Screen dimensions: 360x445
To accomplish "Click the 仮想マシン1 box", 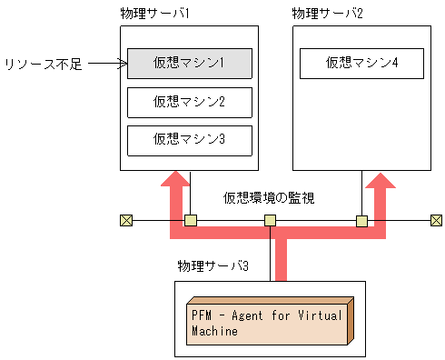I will pyautogui.click(x=189, y=63).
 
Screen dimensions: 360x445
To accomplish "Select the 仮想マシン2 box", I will pyautogui.click(x=189, y=101).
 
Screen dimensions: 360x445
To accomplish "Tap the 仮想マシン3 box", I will pyautogui.click(x=189, y=139).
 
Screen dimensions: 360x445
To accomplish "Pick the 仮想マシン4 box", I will pyautogui.click(x=361, y=63).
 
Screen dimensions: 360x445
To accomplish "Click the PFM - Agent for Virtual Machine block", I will pyautogui.click(x=268, y=322).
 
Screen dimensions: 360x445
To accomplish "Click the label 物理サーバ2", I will pyautogui.click(x=328, y=14).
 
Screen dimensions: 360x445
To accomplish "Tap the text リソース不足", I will pyautogui.click(x=44, y=65).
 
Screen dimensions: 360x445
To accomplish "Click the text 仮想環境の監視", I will pyautogui.click(x=270, y=197).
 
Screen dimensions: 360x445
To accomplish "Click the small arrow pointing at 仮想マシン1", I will pyautogui.click(x=108, y=64).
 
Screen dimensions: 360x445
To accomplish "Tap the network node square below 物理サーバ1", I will pyautogui.click(x=190, y=220).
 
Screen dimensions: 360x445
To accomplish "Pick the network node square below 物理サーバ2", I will pyautogui.click(x=361, y=220).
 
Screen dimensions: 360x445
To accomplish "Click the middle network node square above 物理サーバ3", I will pyautogui.click(x=270, y=220).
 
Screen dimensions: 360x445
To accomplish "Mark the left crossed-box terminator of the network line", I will pyautogui.click(x=125, y=220).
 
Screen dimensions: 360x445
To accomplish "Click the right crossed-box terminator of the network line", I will pyautogui.click(x=436, y=220).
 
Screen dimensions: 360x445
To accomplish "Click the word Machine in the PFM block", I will pyautogui.click(x=214, y=331).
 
